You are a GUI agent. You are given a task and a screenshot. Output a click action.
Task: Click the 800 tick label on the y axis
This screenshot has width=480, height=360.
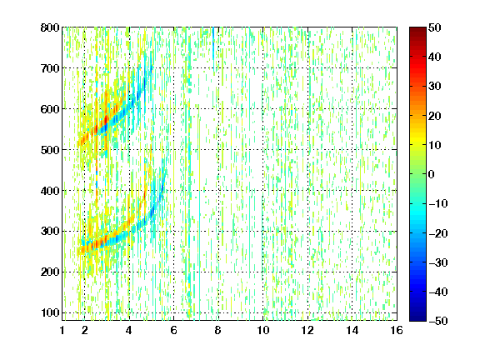(50, 27)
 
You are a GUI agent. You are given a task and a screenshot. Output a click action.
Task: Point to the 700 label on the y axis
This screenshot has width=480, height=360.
(50, 68)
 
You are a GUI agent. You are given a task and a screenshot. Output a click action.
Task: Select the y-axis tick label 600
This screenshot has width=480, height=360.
(50, 109)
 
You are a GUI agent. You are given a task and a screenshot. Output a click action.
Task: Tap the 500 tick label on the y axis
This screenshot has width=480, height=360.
(50, 150)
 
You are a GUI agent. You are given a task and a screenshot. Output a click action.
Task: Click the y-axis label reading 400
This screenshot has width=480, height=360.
(50, 191)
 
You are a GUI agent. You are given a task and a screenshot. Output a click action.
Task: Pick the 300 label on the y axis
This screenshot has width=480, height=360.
(50, 231)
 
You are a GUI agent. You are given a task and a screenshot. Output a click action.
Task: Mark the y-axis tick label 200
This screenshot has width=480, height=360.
(50, 272)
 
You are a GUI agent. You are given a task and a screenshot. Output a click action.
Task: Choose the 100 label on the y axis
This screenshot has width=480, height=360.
(50, 312)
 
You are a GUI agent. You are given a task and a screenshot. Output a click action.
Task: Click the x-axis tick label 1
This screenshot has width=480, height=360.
(62, 330)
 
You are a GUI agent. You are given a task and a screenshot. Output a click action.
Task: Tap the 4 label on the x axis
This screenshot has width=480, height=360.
(129, 330)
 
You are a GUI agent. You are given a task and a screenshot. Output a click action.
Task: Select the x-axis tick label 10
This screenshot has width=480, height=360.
(262, 330)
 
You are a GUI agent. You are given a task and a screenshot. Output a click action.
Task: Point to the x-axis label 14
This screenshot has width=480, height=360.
(352, 330)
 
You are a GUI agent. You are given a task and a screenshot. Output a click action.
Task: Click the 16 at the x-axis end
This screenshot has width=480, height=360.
(397, 330)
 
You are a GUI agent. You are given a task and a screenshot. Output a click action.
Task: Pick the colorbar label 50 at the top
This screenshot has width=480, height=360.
(435, 27)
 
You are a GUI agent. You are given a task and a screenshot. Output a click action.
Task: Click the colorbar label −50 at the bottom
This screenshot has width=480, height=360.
(438, 321)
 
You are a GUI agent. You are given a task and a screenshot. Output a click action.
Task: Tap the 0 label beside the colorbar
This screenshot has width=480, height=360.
(432, 174)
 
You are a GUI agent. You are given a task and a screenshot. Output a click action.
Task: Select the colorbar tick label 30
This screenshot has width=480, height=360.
(435, 87)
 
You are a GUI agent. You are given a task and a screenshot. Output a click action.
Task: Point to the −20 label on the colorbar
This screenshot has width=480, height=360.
(438, 233)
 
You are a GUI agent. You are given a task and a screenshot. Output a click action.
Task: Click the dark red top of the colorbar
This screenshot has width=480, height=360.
(417, 31)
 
